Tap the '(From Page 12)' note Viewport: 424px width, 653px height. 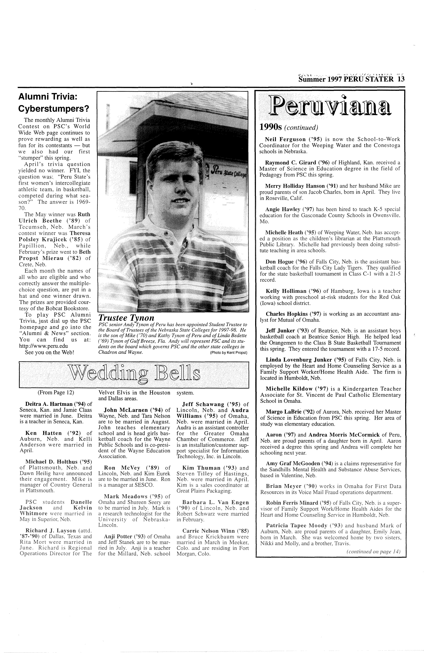coord(56,393)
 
